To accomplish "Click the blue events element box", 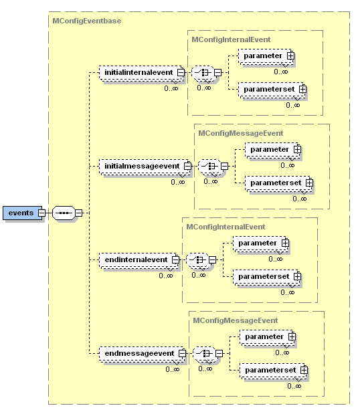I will coord(20,213).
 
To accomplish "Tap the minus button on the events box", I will coord(41,213).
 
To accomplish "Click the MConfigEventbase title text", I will coord(86,21).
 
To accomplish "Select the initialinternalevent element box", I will coord(137,72).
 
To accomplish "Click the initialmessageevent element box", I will coord(141,165).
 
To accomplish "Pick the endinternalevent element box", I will coord(134,259).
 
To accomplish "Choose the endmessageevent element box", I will coord(137,352).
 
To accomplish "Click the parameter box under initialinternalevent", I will coord(262,56).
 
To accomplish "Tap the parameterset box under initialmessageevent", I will coord(274,182).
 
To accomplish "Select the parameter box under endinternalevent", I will coord(257,243).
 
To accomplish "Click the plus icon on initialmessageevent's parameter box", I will coord(297,149).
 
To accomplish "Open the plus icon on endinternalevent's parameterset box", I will coord(297,276).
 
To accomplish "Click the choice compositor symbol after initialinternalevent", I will coord(201,72).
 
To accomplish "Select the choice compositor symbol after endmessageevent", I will coord(203,352).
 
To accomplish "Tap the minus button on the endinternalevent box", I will coord(175,259).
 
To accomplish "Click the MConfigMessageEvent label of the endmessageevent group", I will coord(234,320).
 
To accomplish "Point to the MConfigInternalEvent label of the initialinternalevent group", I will coord(231,39).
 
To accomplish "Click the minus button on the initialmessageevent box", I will coord(187,165).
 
